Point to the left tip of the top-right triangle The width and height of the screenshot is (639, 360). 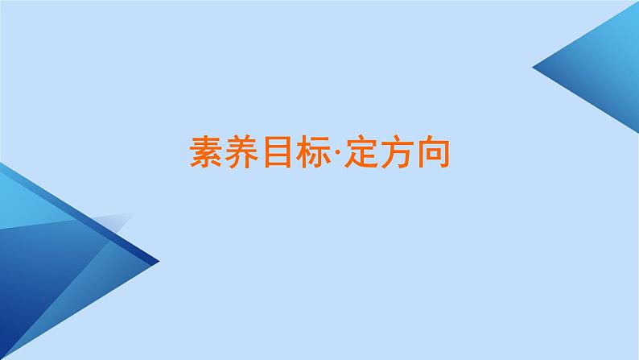[535, 68]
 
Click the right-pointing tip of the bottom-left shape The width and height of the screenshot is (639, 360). [157, 261]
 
